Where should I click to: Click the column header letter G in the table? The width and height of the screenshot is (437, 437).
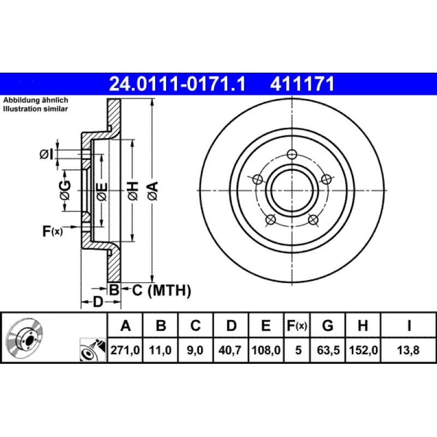pyautogui.click(x=328, y=327)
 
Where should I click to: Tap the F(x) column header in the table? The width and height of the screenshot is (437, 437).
pyautogui.click(x=297, y=327)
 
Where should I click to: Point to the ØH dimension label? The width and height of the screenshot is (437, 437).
pyautogui.click(x=132, y=191)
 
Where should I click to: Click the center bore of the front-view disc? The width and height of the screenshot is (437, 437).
pyautogui.click(x=293, y=191)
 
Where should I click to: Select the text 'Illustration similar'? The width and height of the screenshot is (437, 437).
pyautogui.click(x=36, y=109)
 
